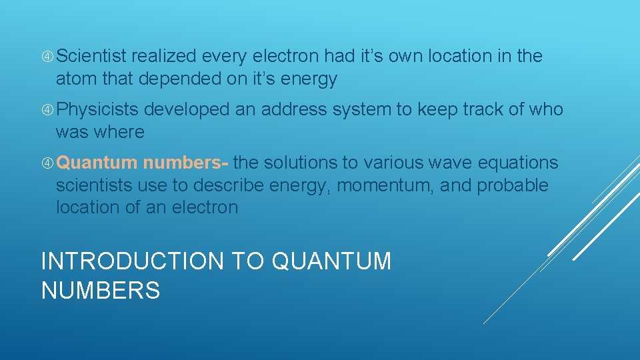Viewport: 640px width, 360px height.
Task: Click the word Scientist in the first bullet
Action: pos(93,57)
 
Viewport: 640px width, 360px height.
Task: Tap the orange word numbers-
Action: pos(186,163)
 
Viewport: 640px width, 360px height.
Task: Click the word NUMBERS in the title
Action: pos(101,291)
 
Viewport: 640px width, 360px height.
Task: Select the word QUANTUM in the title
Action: pos(332,261)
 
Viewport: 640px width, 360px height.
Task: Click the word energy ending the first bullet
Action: pos(309,80)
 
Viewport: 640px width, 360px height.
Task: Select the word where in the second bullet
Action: pos(119,132)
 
